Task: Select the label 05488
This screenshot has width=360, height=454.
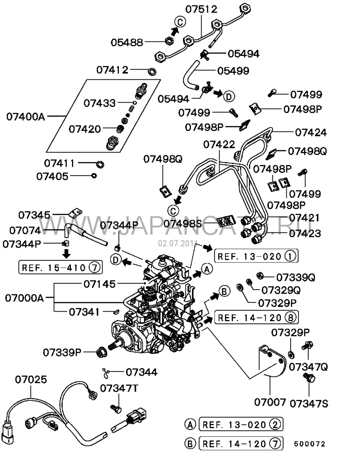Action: tap(127, 42)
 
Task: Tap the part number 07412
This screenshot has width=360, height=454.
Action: tap(112, 70)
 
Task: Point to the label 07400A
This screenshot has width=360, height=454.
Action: tap(26, 117)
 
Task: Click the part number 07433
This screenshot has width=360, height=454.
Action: tap(99, 103)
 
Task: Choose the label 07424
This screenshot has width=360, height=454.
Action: tap(311, 133)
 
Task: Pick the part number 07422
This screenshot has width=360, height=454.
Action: tap(219, 145)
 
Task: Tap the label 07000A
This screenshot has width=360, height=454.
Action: tap(24, 298)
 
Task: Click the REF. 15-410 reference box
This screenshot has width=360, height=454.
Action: tap(60, 268)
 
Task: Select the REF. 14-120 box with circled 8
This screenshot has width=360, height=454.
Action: tap(256, 318)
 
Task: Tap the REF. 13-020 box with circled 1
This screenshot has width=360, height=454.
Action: tap(256, 256)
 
